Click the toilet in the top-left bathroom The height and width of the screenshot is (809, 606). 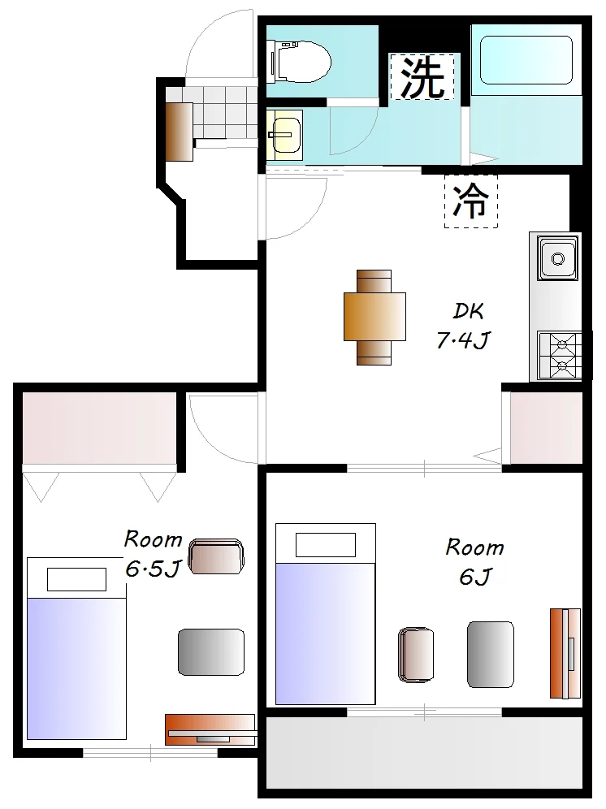(x=299, y=62)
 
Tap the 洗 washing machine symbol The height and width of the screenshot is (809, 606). (x=422, y=76)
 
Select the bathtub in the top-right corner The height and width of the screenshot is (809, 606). (x=526, y=60)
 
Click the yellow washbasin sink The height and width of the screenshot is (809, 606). (x=285, y=135)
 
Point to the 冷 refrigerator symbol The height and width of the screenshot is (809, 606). (x=471, y=201)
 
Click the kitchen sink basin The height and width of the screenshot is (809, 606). (x=557, y=258)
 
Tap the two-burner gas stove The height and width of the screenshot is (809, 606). (x=560, y=356)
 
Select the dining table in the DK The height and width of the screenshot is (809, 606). (x=374, y=317)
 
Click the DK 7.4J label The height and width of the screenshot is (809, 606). (x=463, y=326)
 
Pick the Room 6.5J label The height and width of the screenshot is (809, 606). (x=153, y=554)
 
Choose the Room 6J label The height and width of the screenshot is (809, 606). (x=474, y=562)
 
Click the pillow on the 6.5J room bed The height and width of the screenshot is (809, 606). (x=77, y=579)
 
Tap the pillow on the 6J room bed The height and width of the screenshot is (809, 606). (x=326, y=545)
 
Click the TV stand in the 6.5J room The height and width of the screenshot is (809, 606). (x=210, y=730)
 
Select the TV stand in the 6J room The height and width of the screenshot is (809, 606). (x=565, y=653)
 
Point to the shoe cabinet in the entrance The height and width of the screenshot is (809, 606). (x=179, y=132)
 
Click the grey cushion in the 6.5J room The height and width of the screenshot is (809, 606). (x=211, y=652)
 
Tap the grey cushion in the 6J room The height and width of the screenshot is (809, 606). (x=491, y=654)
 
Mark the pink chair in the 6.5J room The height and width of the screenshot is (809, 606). (x=216, y=556)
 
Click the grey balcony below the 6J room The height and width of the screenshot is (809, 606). (x=424, y=752)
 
